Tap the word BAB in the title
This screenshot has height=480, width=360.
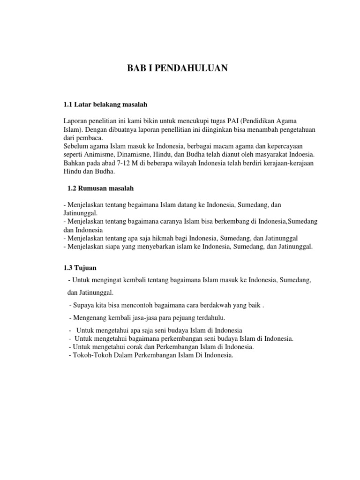pos(136,68)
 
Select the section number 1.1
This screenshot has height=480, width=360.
pos(68,103)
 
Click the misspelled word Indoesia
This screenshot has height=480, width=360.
pos(300,154)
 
